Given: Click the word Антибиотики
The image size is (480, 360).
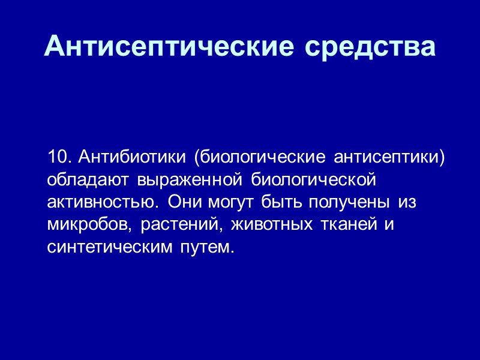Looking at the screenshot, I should tap(131, 157).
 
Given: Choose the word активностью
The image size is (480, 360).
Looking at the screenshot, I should tap(103, 202).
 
